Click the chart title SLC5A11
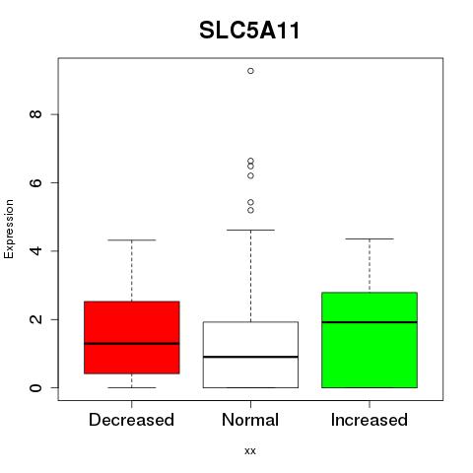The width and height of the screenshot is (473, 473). (249, 31)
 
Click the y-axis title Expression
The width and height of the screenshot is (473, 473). (9, 229)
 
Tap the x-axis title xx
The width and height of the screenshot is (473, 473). (250, 450)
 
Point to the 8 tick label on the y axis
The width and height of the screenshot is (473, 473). (35, 114)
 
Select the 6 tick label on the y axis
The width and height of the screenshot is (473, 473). (35, 182)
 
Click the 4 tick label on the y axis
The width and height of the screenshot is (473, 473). (35, 251)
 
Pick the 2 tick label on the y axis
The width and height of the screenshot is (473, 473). (35, 319)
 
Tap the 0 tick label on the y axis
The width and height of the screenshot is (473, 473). (35, 387)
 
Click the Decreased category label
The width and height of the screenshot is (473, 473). (131, 420)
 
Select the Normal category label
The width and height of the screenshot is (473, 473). (250, 420)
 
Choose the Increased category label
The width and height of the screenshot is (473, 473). (370, 420)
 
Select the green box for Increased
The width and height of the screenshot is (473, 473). (370, 340)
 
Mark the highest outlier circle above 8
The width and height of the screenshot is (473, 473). (250, 71)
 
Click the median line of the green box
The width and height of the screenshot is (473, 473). (370, 322)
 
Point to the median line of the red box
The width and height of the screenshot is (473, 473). (132, 344)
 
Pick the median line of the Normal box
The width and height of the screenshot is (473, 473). (250, 357)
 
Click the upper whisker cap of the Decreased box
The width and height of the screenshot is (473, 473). (132, 240)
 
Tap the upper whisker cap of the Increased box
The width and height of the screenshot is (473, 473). (370, 238)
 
